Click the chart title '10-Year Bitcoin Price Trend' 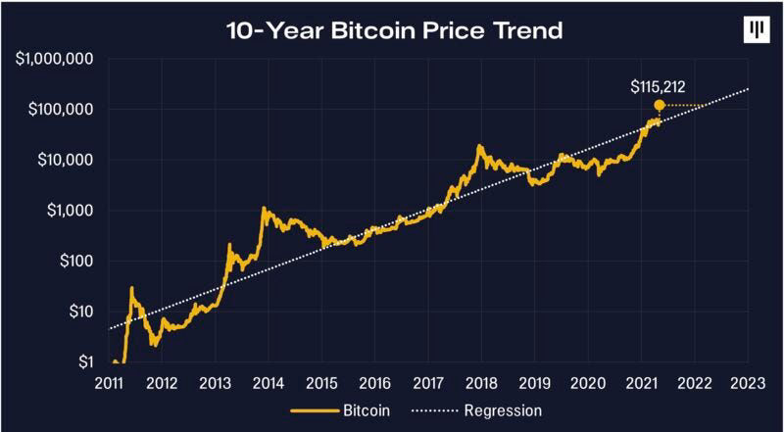[393, 29]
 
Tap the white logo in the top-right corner [754, 29]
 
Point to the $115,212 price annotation [660, 87]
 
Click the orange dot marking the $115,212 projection [660, 105]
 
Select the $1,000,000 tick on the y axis [55, 59]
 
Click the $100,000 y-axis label [59, 109]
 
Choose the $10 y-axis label [76, 312]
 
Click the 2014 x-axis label [269, 383]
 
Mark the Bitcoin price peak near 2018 [480, 146]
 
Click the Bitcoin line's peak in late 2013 [264, 208]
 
